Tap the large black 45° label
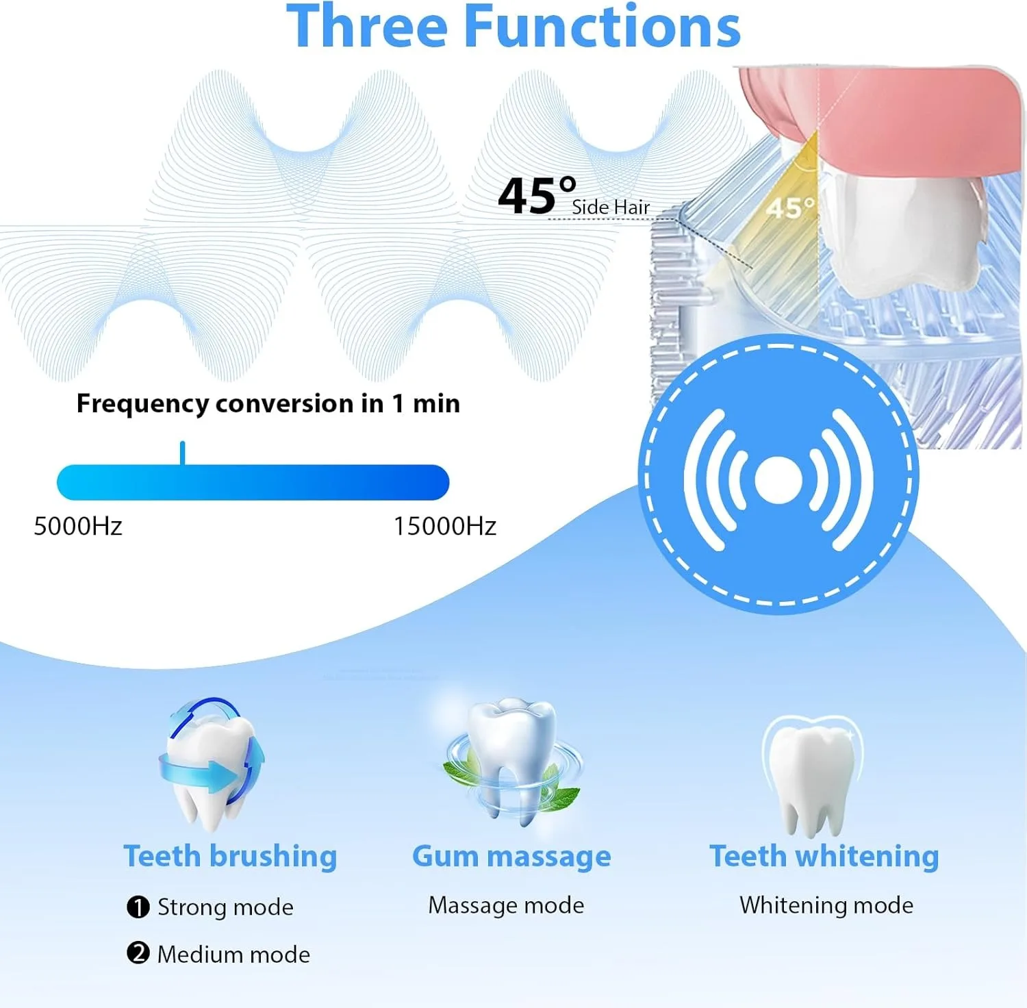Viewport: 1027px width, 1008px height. (536, 197)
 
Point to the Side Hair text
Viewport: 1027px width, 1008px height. (611, 207)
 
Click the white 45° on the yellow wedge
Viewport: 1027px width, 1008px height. (790, 208)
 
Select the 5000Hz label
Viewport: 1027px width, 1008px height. (78, 526)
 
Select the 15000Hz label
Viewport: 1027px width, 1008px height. (445, 526)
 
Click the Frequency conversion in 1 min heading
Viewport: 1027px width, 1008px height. (268, 403)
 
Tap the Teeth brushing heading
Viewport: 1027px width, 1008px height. (230, 856)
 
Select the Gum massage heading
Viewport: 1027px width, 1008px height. (511, 856)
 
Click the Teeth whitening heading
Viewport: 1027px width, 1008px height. (824, 856)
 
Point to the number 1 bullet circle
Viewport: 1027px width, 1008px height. (138, 907)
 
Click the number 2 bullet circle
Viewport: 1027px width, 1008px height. (138, 953)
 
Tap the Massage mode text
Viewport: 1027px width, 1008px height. (506, 905)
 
